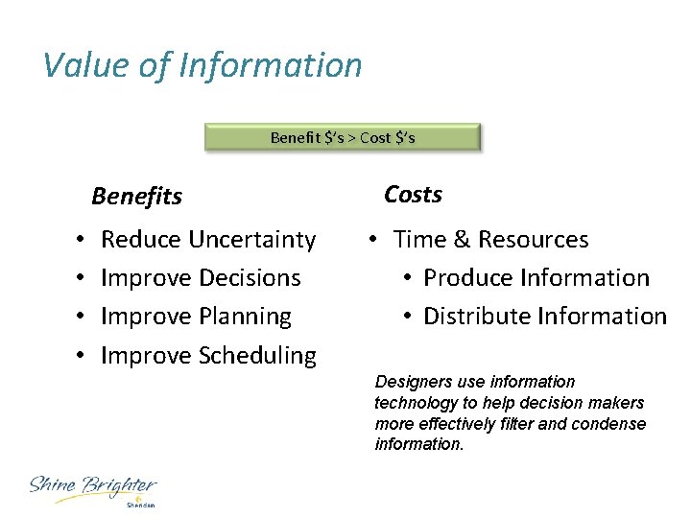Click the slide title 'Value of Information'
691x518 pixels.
point(203,65)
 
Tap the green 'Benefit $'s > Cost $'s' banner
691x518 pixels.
point(343,137)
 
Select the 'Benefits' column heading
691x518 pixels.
point(136,197)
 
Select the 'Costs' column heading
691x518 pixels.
point(413,195)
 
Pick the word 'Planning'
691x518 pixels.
point(245,317)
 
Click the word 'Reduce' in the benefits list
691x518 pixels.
point(142,240)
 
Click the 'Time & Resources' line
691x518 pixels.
point(490,240)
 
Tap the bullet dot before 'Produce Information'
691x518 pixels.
point(408,278)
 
